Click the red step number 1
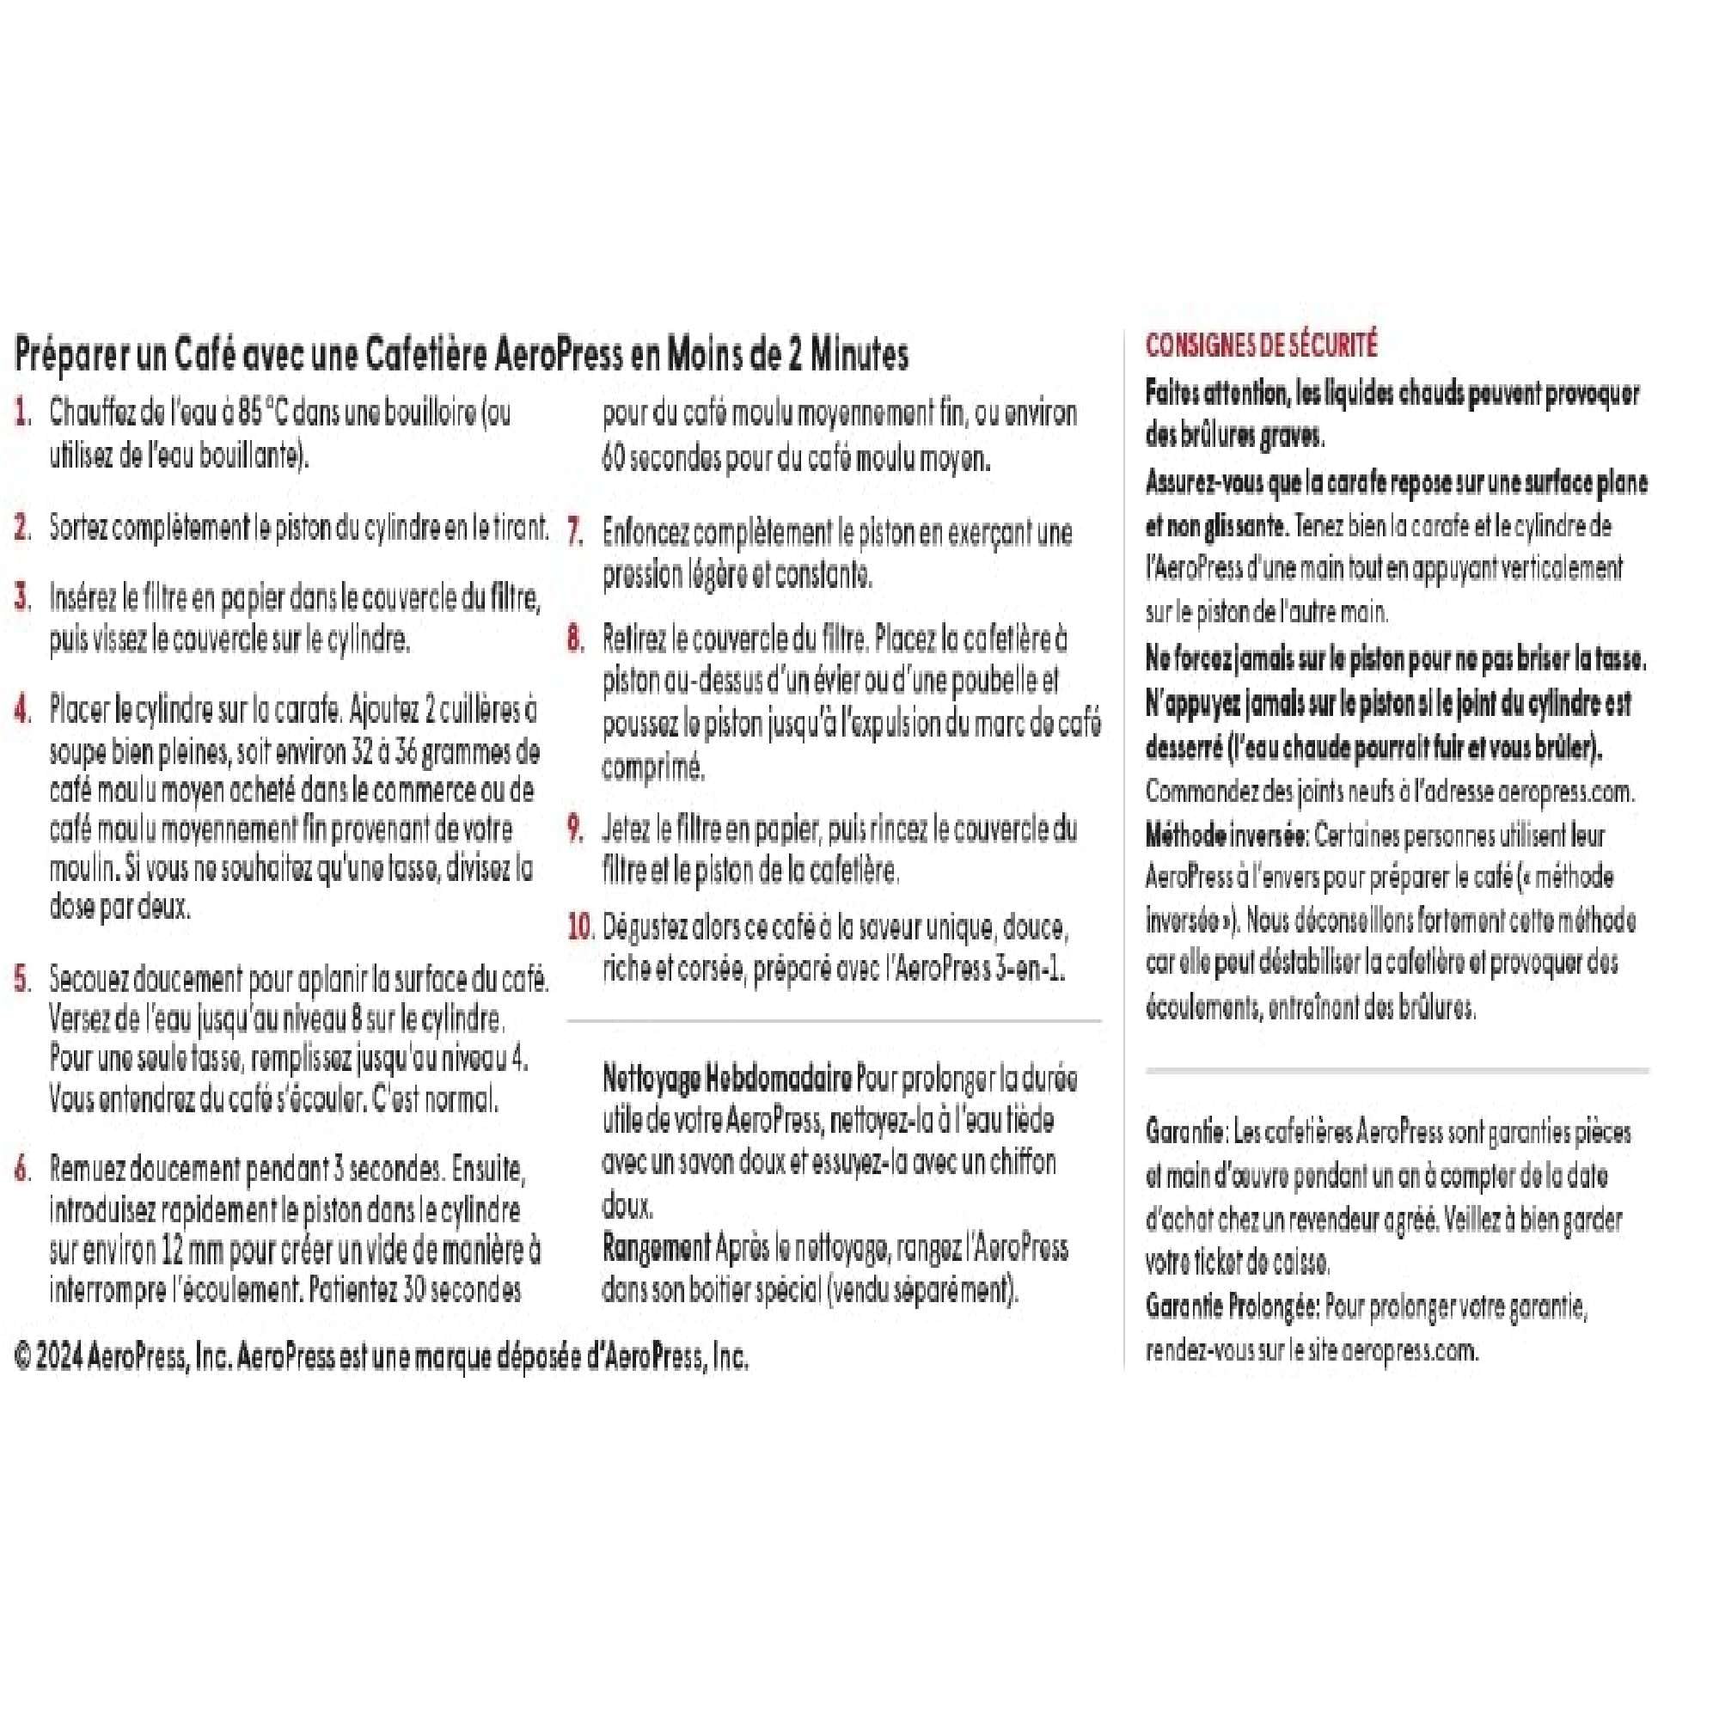click(23, 413)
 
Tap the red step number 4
click(23, 710)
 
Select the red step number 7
click(575, 533)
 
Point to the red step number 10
click(580, 928)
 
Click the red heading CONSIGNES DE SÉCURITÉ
click(1261, 346)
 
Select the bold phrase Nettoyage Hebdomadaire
click(727, 1080)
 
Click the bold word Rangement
click(656, 1248)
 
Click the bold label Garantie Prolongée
click(1233, 1307)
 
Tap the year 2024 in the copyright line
click(60, 1357)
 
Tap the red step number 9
click(575, 829)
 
